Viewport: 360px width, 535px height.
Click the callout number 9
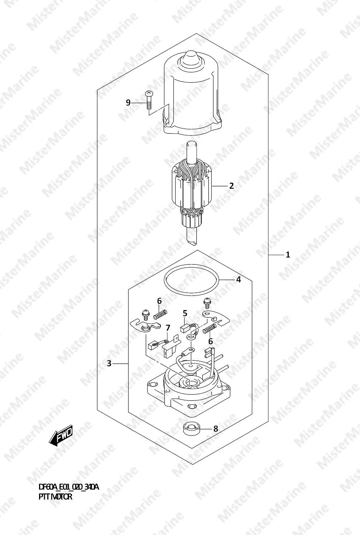[x=128, y=103]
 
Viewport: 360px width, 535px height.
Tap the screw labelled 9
[x=148, y=100]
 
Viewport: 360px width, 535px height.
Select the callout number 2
[x=231, y=186]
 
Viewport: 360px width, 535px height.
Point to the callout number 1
[x=288, y=255]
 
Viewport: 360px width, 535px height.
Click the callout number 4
[x=239, y=279]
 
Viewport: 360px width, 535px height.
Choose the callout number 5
[x=185, y=313]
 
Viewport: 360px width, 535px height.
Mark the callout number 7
[x=168, y=328]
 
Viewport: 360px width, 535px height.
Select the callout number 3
[x=109, y=364]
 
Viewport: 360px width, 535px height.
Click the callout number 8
[x=216, y=429]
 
